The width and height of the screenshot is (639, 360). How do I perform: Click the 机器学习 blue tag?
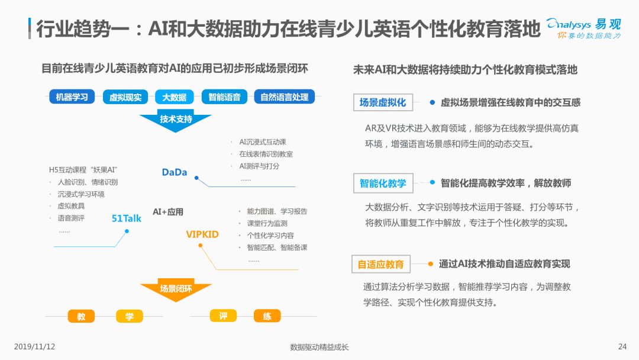tap(72, 97)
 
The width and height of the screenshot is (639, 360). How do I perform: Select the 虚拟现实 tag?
tap(125, 97)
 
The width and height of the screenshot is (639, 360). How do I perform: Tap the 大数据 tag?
tap(175, 97)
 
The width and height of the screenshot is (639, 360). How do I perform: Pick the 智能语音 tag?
tap(225, 97)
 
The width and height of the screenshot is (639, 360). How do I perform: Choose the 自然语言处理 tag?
tap(285, 97)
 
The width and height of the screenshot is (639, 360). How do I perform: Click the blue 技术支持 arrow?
tap(176, 120)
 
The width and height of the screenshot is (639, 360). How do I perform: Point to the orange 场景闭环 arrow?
tap(176, 290)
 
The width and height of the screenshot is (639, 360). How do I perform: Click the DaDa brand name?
tap(175, 172)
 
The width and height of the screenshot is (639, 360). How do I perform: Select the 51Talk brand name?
tap(127, 218)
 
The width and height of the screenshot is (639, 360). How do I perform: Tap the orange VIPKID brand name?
tap(202, 234)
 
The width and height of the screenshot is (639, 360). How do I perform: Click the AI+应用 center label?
tap(168, 212)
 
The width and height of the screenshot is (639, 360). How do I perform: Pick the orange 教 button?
tap(81, 316)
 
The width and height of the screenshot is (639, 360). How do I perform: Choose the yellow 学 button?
tap(130, 316)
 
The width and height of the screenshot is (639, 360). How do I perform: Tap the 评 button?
tap(223, 316)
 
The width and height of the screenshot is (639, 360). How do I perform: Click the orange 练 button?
tap(267, 316)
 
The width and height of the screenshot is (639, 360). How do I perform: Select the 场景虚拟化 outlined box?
tap(383, 102)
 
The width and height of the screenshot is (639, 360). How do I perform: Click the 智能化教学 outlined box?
tap(383, 183)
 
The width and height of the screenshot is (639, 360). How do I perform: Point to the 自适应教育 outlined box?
tap(380, 264)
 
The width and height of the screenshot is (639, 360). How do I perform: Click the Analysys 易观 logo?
tap(583, 28)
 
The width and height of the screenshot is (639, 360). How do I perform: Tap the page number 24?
tap(622, 346)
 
